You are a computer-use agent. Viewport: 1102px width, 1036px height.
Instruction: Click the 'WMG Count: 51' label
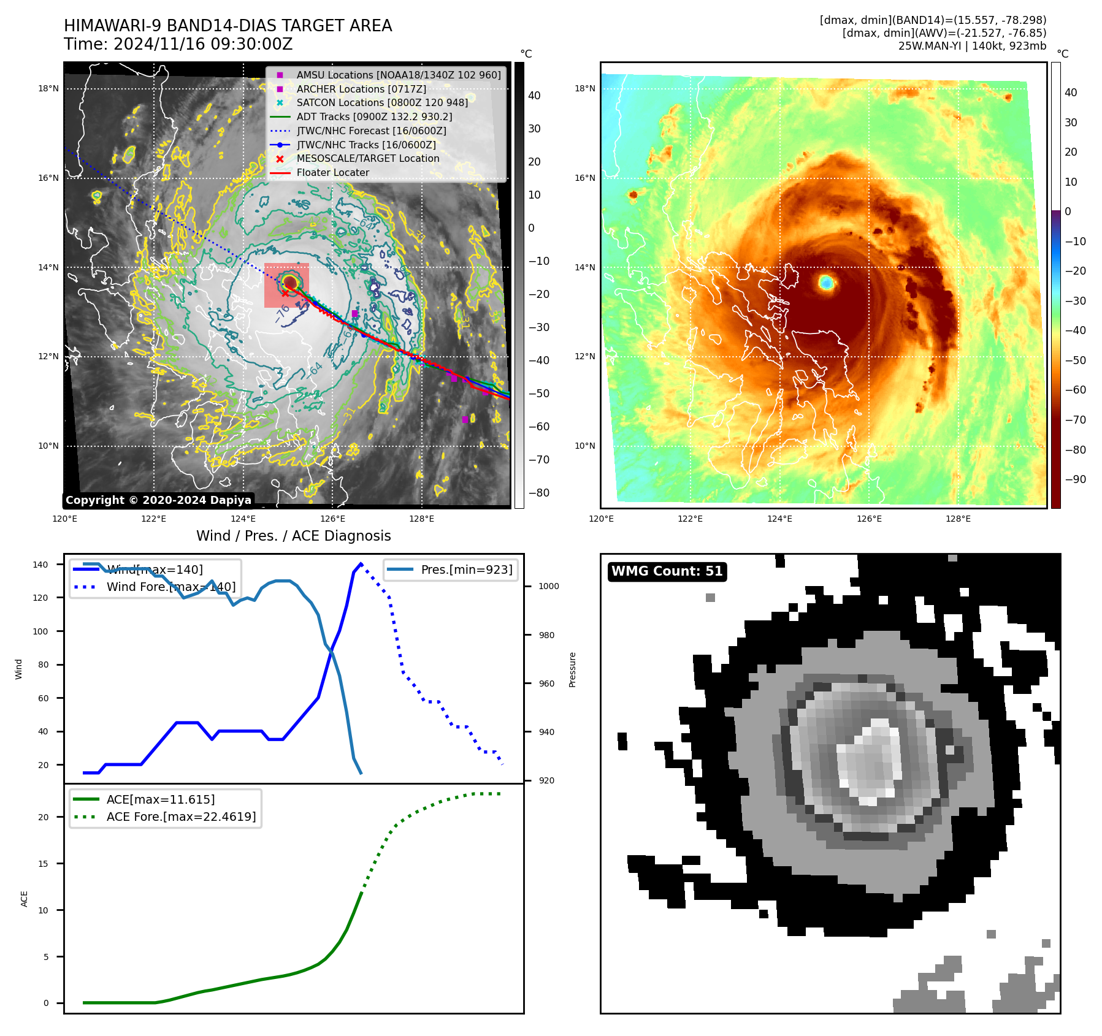coord(667,571)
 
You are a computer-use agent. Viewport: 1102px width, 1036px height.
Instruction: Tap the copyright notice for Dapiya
coord(158,500)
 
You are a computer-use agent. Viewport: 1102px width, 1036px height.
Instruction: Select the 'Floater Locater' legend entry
coord(332,173)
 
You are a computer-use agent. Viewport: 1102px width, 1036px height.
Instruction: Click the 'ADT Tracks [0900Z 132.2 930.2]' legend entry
coord(374,116)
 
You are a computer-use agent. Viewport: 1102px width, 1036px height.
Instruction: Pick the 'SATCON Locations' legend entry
coord(381,103)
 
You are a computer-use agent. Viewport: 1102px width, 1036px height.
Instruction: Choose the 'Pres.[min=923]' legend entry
coord(466,569)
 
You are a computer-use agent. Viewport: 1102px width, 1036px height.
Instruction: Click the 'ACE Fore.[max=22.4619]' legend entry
coord(181,817)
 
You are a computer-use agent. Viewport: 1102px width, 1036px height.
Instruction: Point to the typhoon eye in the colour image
coord(826,283)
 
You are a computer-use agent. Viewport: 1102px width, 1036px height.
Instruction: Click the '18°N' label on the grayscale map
coord(48,88)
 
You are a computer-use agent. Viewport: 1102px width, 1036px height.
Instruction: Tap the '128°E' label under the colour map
coord(958,519)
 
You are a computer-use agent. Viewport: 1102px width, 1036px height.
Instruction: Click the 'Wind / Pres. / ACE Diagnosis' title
coord(293,536)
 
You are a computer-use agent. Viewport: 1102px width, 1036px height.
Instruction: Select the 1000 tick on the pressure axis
coord(549,586)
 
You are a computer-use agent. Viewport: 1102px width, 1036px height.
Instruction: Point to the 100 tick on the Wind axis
coord(40,631)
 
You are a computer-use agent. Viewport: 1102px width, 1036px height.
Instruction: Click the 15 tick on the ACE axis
coord(43,864)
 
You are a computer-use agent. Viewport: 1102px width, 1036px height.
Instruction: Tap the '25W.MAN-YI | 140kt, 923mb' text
coord(972,46)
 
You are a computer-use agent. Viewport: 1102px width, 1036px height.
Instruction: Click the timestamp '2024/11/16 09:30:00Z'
coord(202,45)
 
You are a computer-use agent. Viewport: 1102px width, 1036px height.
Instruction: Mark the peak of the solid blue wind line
coord(361,563)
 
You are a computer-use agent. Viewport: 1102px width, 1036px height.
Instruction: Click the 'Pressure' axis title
coord(572,669)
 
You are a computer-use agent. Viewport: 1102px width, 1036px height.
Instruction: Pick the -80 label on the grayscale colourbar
coord(539,493)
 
